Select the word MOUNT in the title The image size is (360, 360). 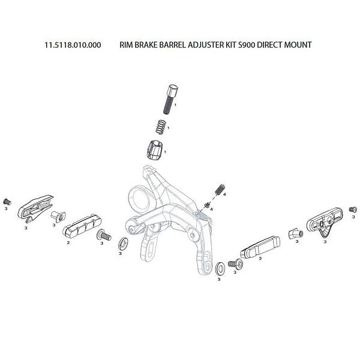tap(296, 45)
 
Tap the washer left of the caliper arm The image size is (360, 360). tap(122, 243)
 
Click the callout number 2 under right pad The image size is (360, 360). tap(260, 260)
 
